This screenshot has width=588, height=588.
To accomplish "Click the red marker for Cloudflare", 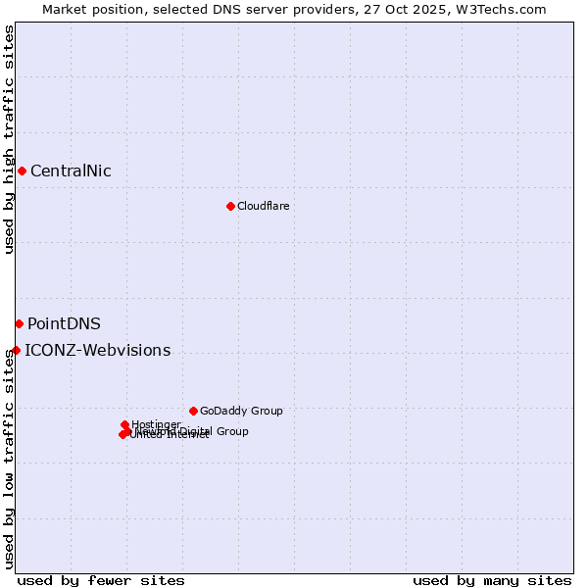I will (230, 206).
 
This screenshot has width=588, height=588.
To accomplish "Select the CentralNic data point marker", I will (22, 171).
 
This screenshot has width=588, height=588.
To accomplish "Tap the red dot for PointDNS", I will (19, 323).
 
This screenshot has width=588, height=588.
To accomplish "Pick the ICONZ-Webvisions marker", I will (16, 350).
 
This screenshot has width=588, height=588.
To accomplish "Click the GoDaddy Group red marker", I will (193, 411).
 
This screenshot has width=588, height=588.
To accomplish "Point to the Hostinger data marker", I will (124, 424).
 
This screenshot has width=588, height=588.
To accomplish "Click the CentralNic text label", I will (71, 171).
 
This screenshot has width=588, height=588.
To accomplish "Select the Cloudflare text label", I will (263, 206).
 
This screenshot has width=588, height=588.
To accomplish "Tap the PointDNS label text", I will (64, 324).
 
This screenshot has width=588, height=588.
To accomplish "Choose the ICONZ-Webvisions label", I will (97, 351).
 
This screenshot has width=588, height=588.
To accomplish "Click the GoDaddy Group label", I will (241, 412).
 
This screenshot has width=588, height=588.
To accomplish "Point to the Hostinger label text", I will (156, 424).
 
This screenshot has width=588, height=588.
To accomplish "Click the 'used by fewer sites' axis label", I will (101, 580).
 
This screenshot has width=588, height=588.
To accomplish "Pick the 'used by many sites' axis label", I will (492, 580).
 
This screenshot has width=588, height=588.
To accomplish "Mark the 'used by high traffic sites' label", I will (10, 139).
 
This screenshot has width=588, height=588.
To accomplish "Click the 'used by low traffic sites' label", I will (10, 459).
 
